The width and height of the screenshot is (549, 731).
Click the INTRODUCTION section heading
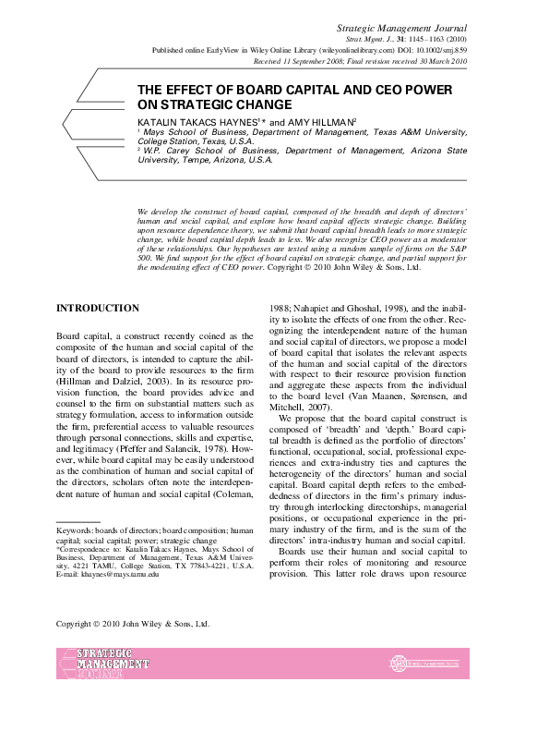(98, 308)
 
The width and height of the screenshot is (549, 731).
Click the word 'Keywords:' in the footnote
(75, 530)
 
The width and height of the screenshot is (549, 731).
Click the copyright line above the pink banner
(133, 624)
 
